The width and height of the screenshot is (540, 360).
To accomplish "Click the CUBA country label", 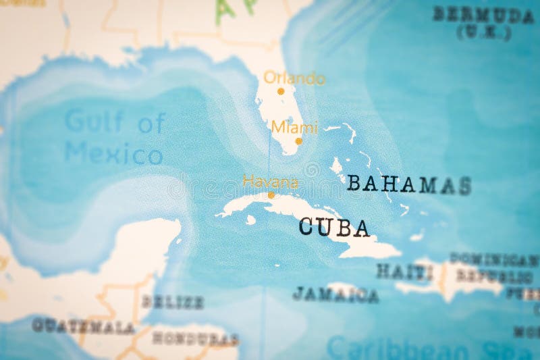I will coord(334,227).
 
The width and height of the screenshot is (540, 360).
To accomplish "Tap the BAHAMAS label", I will coord(408,184).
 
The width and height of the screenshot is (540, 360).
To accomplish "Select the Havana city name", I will coord(270,182).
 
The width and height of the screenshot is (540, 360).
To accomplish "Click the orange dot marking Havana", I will coord(271,195).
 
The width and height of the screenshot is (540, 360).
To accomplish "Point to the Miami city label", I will coord(294,127).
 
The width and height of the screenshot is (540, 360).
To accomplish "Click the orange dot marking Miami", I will coord(298,141).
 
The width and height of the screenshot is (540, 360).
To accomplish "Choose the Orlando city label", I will coord(294,78).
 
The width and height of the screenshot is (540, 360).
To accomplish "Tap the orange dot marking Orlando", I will coord(281,91).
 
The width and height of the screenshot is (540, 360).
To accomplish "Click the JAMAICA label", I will coord(335,294).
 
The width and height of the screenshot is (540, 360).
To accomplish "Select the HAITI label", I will coord(404,272).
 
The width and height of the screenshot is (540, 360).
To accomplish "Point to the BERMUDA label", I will coord(483,14).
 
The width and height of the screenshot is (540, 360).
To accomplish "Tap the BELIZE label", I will coord(173,302).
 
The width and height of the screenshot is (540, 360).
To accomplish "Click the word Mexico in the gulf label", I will coord(113,154).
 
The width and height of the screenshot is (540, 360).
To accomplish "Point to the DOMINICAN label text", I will coord(494,259).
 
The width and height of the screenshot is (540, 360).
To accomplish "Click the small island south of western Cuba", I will coord(250,220).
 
